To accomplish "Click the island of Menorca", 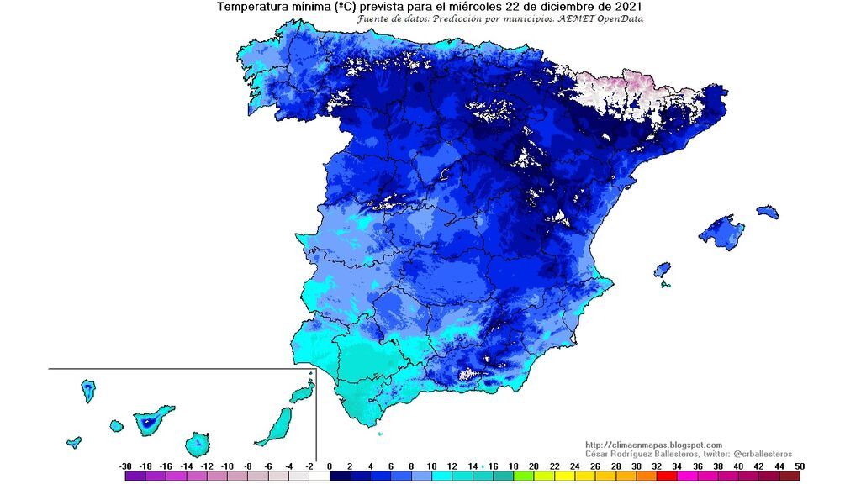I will pyautogui.click(x=767, y=212).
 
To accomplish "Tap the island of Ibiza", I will pyautogui.click(x=663, y=270).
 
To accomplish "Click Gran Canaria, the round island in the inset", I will pyautogui.click(x=198, y=442).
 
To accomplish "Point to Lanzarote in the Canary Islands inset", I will pyautogui.click(x=302, y=393).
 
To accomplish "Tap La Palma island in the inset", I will pyautogui.click(x=87, y=391).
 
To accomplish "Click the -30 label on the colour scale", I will pyautogui.click(x=126, y=466).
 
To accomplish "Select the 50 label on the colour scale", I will pyautogui.click(x=799, y=466).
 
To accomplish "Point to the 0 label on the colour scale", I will pyautogui.click(x=329, y=466).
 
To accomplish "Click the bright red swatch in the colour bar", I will pyautogui.click(x=666, y=476).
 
